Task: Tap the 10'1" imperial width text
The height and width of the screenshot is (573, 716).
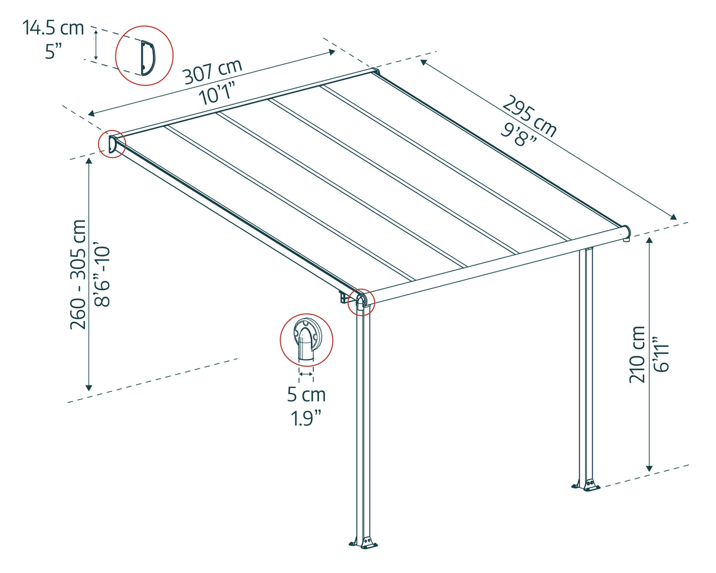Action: pyautogui.click(x=217, y=93)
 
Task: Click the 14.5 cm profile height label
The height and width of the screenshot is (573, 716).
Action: pyautogui.click(x=53, y=28)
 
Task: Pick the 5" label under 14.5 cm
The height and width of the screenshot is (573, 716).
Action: pyautogui.click(x=57, y=51)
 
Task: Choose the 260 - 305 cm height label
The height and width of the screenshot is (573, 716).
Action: pyautogui.click(x=78, y=274)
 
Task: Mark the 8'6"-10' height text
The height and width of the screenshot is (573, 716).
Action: pyautogui.click(x=104, y=274)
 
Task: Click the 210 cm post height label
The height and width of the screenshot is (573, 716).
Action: pyautogui.click(x=637, y=353)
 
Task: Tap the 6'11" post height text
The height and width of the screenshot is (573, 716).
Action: pyautogui.click(x=662, y=353)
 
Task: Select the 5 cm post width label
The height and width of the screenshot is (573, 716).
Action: pyautogui.click(x=306, y=395)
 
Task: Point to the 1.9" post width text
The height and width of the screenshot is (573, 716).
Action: pyautogui.click(x=306, y=418)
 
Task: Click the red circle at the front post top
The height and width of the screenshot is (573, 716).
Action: pyautogui.click(x=361, y=302)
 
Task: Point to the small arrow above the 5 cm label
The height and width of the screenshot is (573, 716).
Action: pyautogui.click(x=306, y=374)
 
